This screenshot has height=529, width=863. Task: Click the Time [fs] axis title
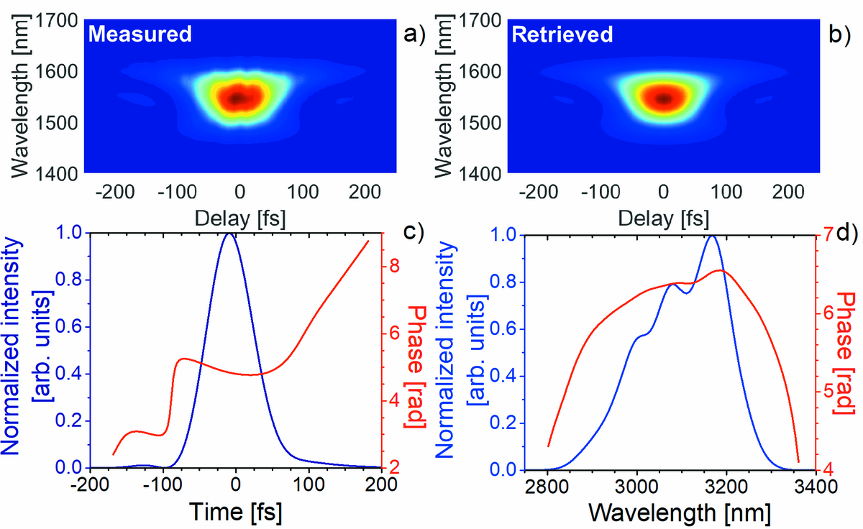[236, 512]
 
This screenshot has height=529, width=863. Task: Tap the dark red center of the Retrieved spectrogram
[663, 98]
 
